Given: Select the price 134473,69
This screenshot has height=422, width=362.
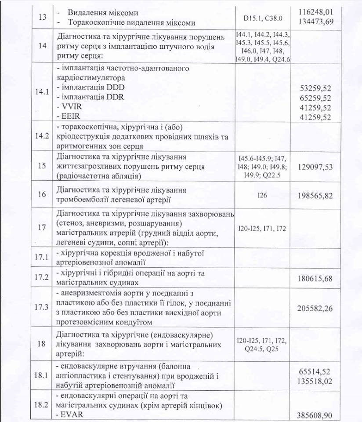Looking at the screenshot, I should pyautogui.click(x=328, y=23).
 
